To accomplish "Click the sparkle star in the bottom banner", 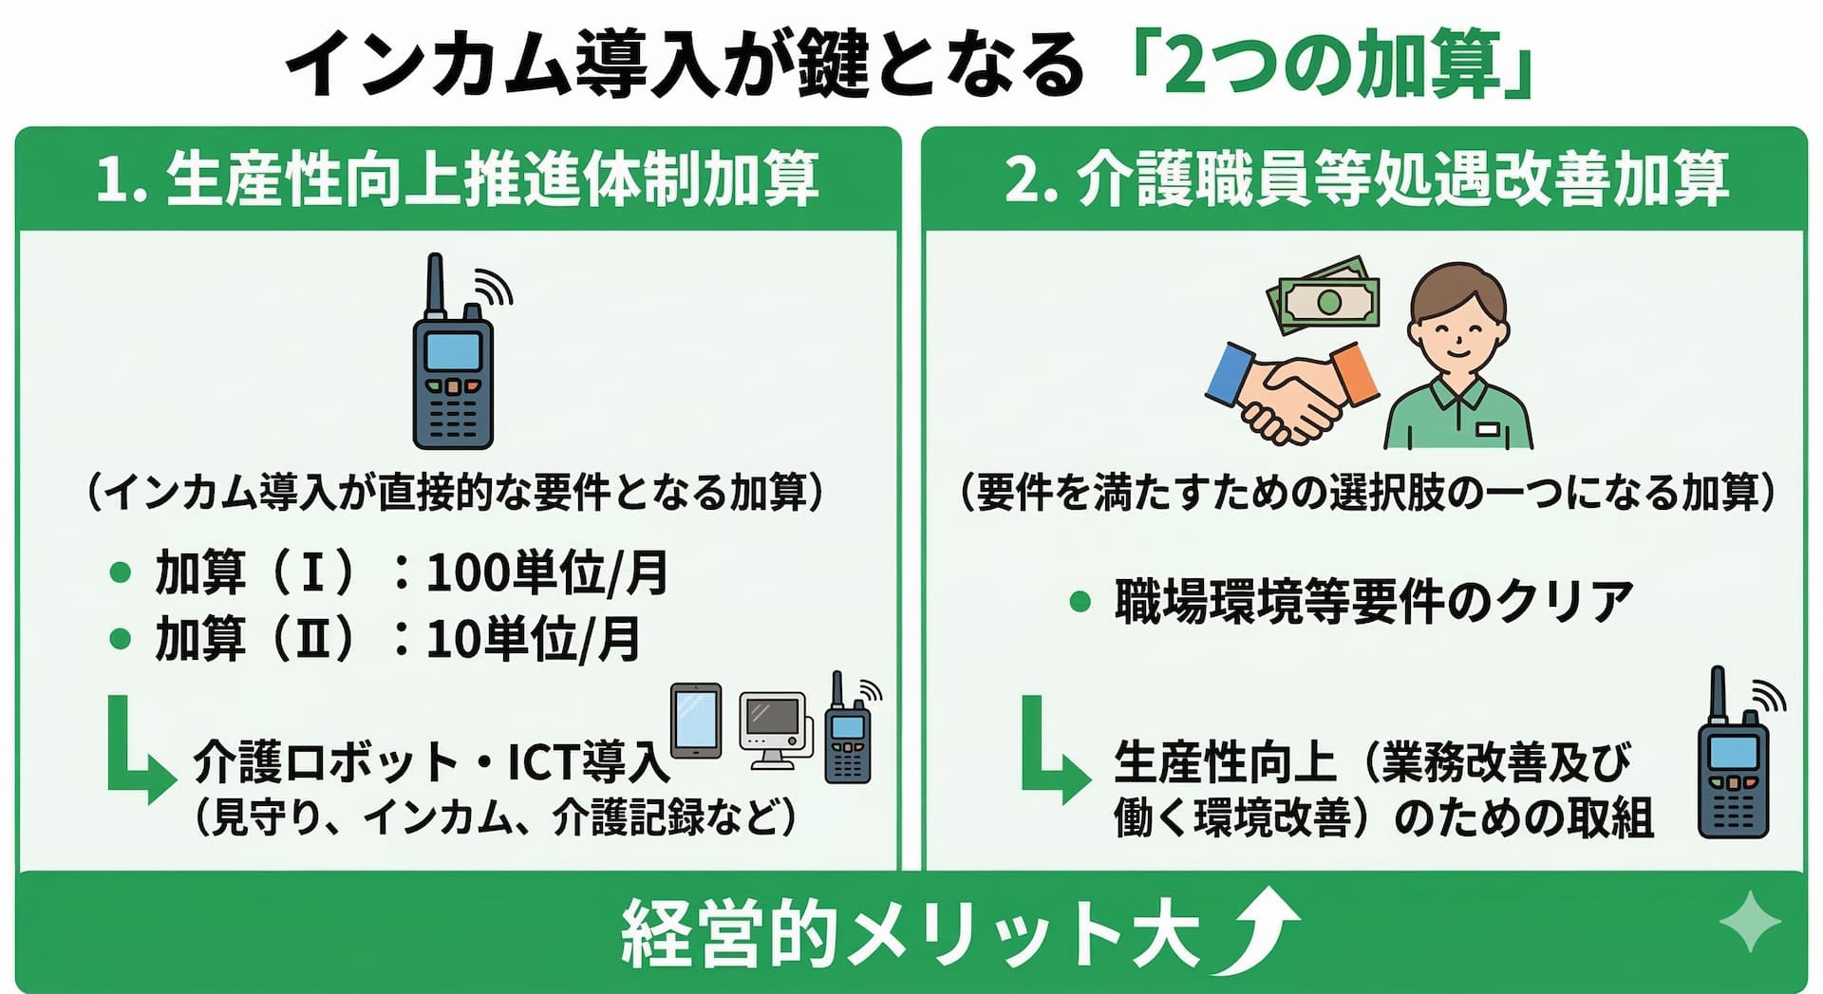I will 1749,921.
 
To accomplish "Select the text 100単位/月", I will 547,572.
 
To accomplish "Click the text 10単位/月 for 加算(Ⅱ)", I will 533,639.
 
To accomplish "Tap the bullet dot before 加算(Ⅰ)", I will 121,572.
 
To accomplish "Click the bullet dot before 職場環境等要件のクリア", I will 1080,601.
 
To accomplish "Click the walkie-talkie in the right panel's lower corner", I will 1733,760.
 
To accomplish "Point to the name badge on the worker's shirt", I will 1488,429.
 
